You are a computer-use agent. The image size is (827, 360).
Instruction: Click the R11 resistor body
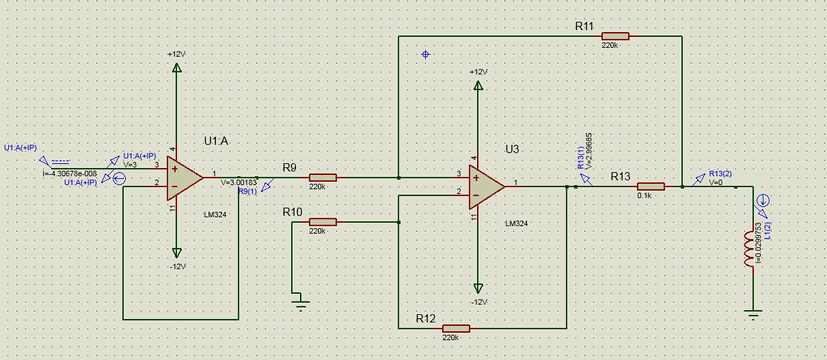(x=615, y=36)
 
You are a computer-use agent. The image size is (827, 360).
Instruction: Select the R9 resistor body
(x=323, y=178)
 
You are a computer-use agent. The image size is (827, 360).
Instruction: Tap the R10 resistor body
(x=323, y=222)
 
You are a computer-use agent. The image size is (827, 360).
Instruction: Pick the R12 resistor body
(x=456, y=328)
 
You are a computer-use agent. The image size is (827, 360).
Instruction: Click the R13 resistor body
(x=651, y=186)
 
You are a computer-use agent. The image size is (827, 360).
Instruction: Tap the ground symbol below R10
(x=300, y=301)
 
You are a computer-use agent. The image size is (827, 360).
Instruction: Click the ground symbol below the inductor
(x=753, y=315)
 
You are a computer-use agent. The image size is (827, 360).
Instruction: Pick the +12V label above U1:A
(x=176, y=54)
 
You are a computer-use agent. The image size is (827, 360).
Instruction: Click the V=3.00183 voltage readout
(x=239, y=183)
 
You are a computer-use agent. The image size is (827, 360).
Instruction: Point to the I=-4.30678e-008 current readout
(x=70, y=174)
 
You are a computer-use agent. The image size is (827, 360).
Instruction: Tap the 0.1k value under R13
(x=644, y=195)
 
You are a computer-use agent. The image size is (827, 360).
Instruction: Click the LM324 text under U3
(x=516, y=223)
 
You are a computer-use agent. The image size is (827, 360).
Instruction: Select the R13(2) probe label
(x=720, y=174)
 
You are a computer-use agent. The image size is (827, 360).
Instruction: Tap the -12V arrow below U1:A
(x=177, y=252)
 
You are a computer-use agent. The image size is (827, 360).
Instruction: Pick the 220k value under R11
(x=610, y=45)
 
